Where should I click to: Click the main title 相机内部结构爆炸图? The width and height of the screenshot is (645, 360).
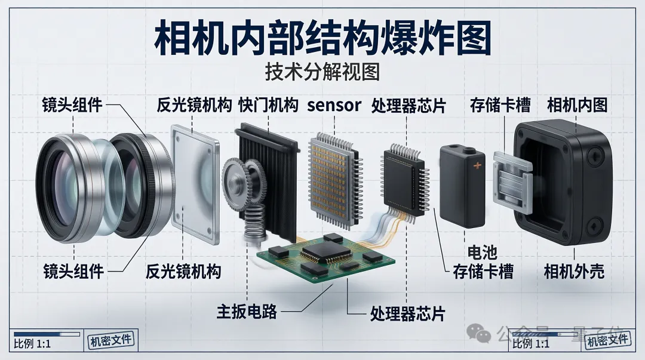coord(322,39)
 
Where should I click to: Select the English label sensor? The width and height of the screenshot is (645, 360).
coord(334,106)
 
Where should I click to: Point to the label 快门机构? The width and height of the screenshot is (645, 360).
coord(268,106)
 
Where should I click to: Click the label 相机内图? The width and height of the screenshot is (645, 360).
coord(577,106)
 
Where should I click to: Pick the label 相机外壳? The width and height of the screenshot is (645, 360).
coord(574,272)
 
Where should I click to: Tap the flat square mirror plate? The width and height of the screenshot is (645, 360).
coord(195,183)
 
